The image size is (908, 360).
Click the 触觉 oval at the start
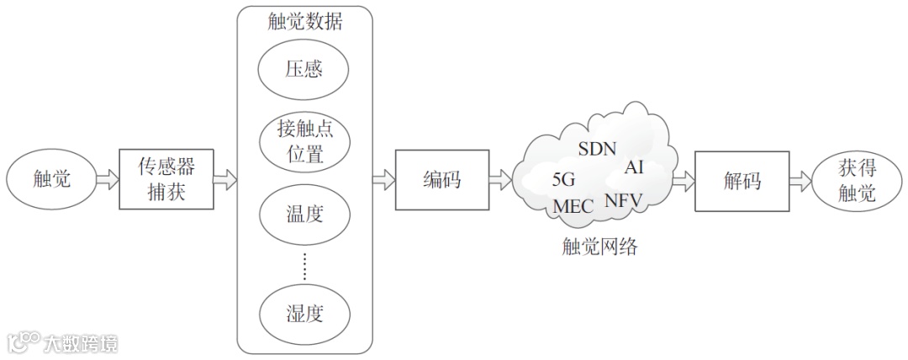51,179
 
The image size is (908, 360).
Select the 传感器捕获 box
166,180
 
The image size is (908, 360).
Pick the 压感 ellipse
304,69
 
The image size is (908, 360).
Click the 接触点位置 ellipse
304,141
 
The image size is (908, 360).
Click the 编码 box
441,180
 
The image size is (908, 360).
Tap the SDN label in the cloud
598,149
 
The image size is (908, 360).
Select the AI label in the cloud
633,167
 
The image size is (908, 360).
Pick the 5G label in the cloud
563,179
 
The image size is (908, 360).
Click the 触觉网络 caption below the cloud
599,247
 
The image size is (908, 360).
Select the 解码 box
742,180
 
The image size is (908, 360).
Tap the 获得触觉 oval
857,180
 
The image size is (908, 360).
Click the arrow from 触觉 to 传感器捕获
108,180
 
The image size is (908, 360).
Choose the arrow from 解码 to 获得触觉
800,180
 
